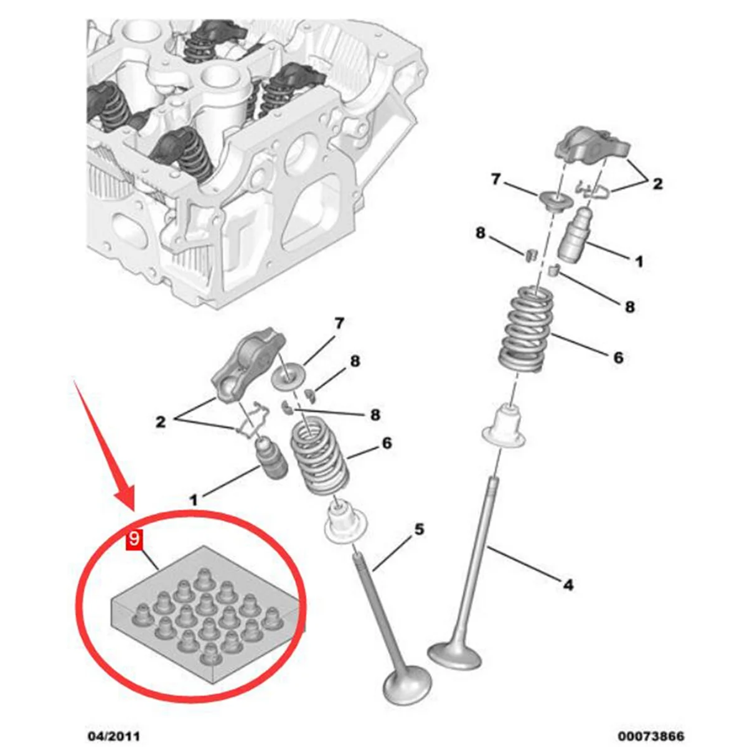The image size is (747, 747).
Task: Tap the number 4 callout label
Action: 568,585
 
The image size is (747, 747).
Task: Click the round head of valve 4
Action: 455,653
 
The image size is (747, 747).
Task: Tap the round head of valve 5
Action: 408,685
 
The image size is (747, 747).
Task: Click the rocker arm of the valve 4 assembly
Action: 592,146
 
